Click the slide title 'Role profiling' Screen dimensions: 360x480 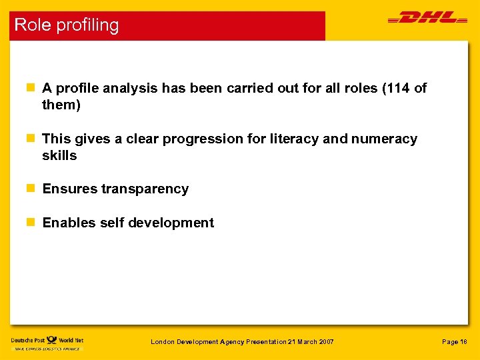[67, 25]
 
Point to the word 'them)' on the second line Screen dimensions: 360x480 [61, 105]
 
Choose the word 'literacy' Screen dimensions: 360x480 [294, 139]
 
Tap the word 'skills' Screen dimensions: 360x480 [59, 155]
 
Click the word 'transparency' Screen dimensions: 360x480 [145, 189]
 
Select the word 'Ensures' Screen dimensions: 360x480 [69, 189]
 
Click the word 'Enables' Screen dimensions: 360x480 [69, 223]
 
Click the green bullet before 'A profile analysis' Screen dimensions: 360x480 [29, 88]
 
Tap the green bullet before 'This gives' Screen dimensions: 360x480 [29, 139]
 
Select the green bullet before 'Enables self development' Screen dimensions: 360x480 [29, 223]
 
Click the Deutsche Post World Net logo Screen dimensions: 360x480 [47, 341]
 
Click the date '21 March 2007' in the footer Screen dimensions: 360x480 [311, 342]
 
